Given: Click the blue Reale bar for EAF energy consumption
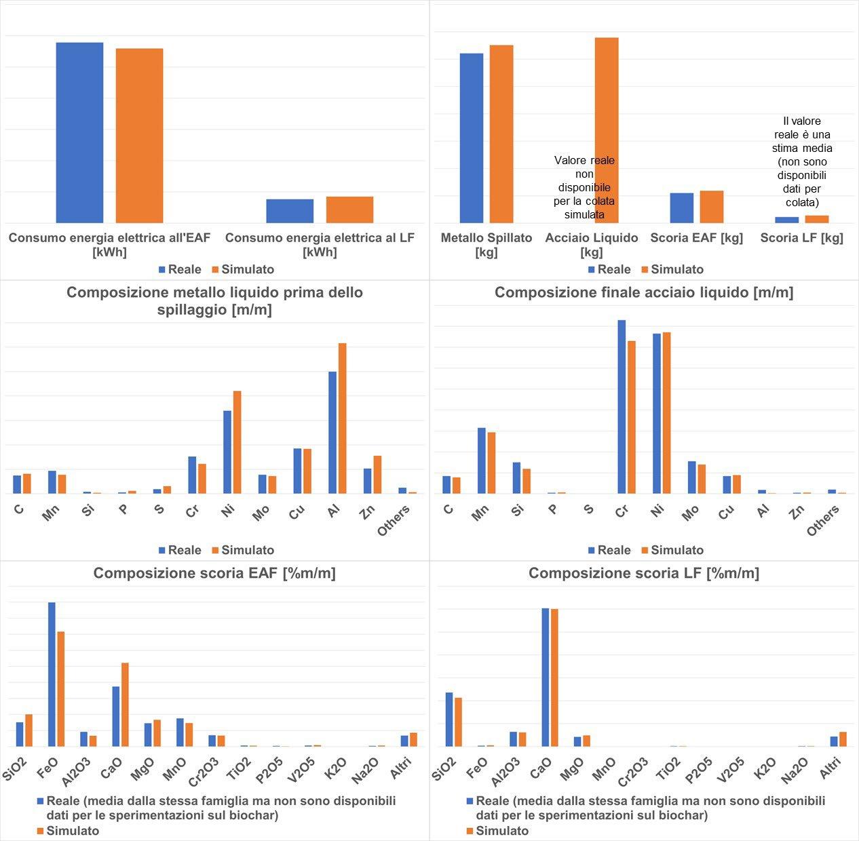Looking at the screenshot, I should (79, 133).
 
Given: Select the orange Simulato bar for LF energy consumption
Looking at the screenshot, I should (349, 210).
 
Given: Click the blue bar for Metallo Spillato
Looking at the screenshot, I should (472, 138).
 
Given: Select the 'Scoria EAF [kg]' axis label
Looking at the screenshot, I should (696, 238).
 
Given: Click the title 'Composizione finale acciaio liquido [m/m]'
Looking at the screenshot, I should (643, 292).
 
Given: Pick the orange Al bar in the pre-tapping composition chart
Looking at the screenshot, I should (343, 418).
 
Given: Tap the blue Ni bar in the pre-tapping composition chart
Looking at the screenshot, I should (227, 452).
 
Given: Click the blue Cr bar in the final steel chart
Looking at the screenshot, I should (622, 407).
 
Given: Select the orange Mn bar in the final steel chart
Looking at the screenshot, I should (491, 463).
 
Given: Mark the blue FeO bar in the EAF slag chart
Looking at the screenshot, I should (52, 674).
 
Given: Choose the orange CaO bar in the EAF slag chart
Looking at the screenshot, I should (125, 705).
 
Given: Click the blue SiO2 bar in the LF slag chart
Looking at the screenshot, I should (449, 719).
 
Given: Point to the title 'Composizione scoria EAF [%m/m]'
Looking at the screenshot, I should (214, 573).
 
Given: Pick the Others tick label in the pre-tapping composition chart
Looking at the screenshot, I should (394, 520).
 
